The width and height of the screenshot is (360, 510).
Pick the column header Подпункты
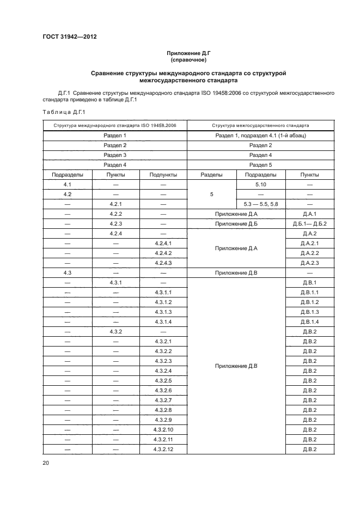163,175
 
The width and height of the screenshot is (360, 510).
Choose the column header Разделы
211,175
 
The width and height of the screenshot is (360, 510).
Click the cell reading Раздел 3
115,155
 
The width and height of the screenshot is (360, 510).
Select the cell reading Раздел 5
260,165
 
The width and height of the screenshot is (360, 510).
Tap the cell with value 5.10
260,185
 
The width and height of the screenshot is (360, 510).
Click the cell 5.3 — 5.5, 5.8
260,204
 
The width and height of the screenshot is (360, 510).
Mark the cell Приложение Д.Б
236,224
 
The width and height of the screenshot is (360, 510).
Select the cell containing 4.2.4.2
163,253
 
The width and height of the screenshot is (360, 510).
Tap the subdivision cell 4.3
67,273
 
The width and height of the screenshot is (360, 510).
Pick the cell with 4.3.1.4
163,322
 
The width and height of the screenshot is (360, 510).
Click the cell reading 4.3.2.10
163,430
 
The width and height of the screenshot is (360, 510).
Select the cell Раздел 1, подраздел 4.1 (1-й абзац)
260,135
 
